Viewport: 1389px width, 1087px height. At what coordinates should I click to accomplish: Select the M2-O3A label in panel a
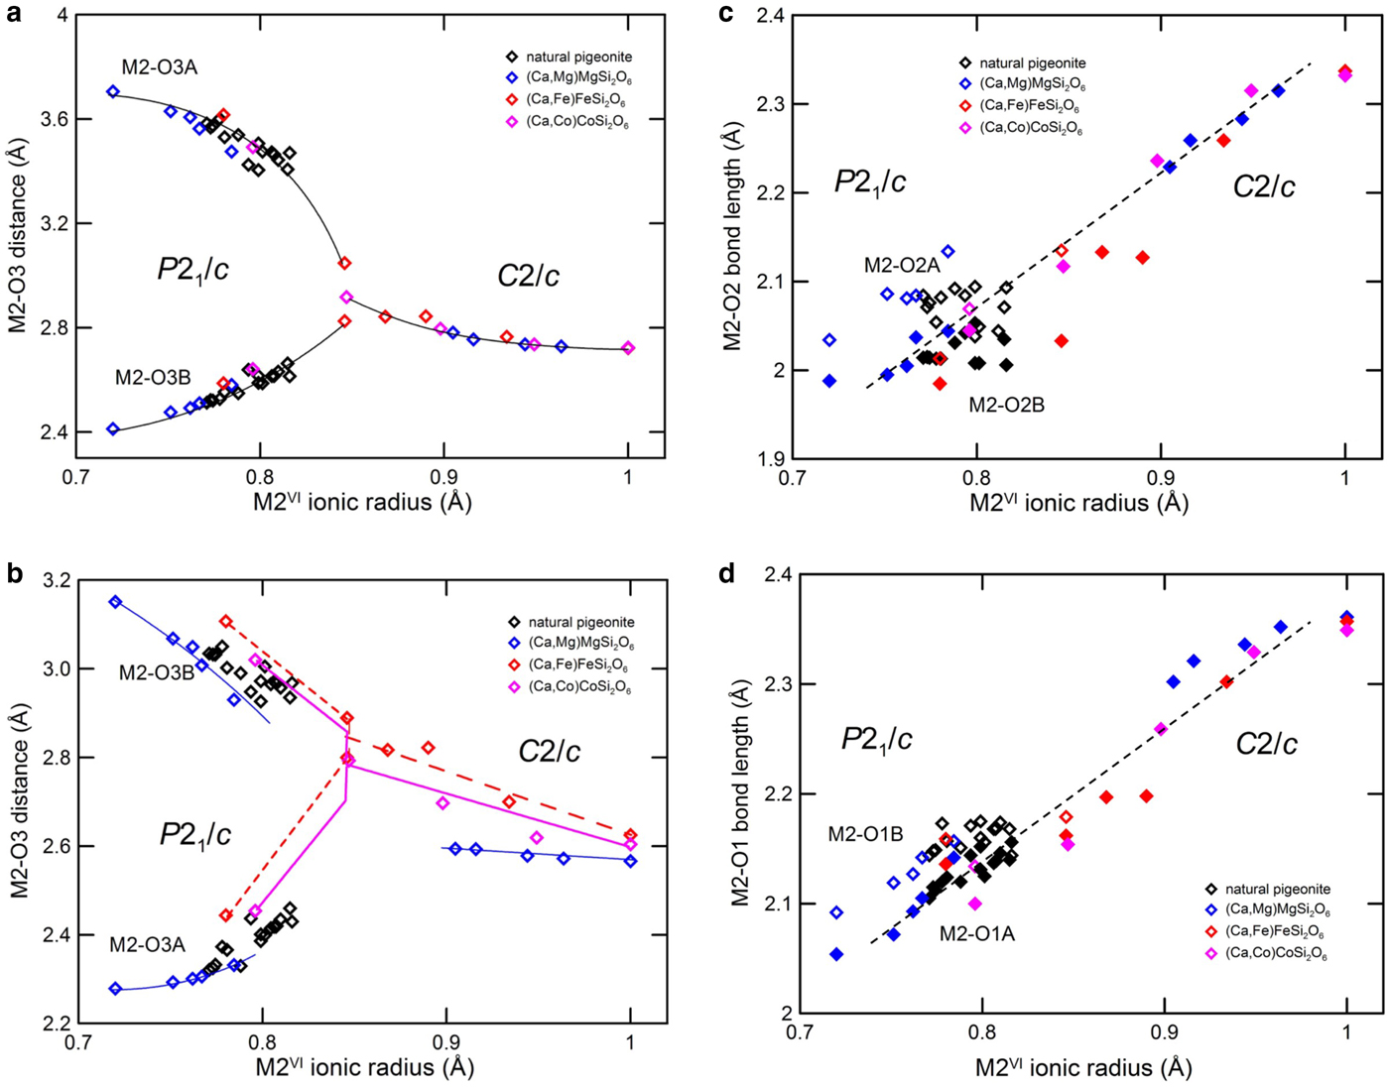tap(160, 67)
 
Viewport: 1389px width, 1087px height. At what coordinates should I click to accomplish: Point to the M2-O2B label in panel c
tap(1006, 404)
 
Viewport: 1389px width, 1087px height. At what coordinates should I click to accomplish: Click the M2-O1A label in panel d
tap(977, 933)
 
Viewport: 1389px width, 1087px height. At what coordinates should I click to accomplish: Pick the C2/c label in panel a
tap(528, 276)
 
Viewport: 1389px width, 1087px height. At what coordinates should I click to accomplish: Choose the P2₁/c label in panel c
tap(870, 181)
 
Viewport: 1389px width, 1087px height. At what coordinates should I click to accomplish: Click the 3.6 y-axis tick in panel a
tap(55, 119)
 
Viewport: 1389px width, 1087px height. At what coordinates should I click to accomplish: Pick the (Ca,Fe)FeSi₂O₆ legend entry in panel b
tap(580, 665)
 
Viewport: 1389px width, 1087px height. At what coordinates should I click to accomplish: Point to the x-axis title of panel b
tap(364, 1066)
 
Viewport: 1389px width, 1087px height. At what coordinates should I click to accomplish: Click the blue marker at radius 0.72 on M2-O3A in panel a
tap(113, 91)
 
